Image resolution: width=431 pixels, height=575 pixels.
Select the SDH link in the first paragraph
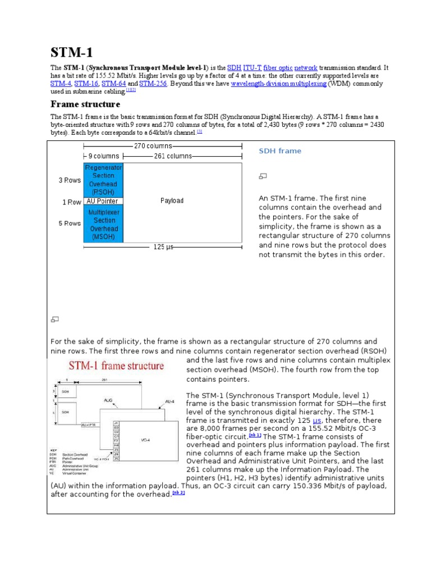coord(233,68)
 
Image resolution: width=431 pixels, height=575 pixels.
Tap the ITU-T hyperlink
coord(252,68)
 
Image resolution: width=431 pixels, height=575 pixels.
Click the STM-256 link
coord(153,84)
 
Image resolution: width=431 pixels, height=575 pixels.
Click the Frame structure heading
coord(85,104)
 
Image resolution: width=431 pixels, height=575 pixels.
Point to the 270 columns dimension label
coord(153,146)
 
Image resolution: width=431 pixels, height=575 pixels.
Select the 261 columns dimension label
coord(173,156)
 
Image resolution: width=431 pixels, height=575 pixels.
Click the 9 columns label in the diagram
coord(103,156)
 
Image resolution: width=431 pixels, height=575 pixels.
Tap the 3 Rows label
coord(70,180)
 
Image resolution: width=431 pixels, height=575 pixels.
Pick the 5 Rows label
coord(70,223)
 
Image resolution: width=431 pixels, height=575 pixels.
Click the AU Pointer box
coord(103,201)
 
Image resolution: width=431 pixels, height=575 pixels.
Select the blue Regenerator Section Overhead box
coord(103,180)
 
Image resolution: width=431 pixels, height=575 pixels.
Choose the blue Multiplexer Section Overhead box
coord(103,225)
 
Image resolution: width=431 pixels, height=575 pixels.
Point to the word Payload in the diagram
coord(172,200)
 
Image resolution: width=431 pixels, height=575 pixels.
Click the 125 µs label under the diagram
coord(164,247)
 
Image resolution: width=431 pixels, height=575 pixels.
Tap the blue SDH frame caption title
coord(279,151)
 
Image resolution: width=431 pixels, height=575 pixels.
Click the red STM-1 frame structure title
coord(116,366)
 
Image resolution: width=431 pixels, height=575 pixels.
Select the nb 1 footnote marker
coord(255,436)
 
